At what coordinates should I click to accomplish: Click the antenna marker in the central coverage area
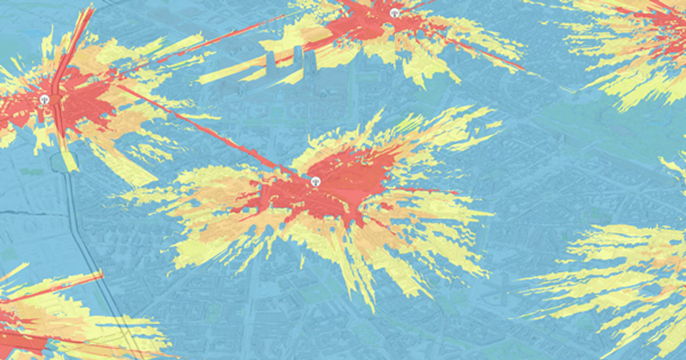click(x=316, y=181)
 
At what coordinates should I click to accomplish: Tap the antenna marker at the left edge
click(x=45, y=100)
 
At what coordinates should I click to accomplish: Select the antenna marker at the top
click(x=393, y=12)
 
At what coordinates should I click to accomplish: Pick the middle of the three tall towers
click(x=297, y=57)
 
